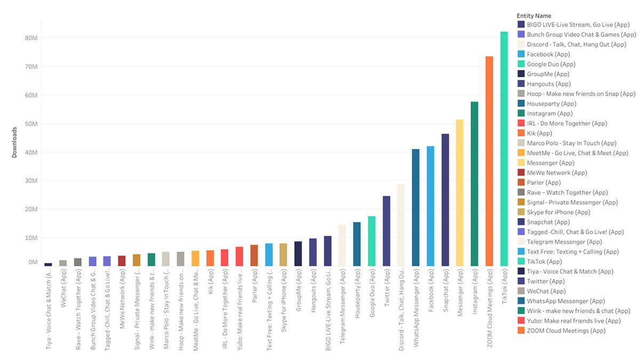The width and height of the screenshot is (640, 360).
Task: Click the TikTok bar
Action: [x=503, y=149]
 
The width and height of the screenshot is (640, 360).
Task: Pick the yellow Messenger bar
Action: [x=459, y=193]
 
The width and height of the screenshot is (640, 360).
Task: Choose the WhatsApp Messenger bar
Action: [x=415, y=207]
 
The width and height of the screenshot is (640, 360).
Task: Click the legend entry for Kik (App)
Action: [x=539, y=133]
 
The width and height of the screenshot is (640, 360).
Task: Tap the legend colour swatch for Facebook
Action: [x=521, y=54]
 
